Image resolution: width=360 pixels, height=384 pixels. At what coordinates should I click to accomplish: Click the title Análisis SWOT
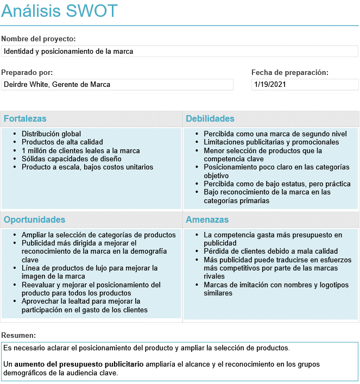click(x=59, y=11)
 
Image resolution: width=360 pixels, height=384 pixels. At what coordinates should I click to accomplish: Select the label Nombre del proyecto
click(x=39, y=39)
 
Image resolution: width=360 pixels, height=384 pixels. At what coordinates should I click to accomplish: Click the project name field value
click(x=68, y=52)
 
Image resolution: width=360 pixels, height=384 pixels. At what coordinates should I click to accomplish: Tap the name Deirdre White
click(x=26, y=85)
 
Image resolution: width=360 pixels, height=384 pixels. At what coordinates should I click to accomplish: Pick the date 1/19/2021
click(x=270, y=85)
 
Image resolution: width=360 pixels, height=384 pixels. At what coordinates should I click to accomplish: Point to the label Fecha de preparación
click(x=290, y=72)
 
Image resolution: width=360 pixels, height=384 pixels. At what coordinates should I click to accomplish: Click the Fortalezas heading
click(x=25, y=119)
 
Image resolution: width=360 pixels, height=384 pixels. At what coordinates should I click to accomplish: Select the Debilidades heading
click(x=210, y=119)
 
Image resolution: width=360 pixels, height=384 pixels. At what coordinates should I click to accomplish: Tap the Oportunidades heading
click(x=34, y=220)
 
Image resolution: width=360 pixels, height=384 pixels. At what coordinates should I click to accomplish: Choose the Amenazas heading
click(x=207, y=220)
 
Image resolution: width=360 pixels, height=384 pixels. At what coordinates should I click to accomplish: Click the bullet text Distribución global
click(x=51, y=134)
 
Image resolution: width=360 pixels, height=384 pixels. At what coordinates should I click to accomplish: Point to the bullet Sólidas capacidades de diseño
click(x=72, y=159)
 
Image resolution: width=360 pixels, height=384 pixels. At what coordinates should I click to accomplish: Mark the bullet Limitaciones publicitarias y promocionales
click(x=271, y=142)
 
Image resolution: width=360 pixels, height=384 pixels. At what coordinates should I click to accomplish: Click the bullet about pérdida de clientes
click(x=271, y=251)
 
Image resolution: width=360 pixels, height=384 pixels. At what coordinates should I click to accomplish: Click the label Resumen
click(x=19, y=336)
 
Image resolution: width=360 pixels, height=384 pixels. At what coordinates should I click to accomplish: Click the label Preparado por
click(x=27, y=72)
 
